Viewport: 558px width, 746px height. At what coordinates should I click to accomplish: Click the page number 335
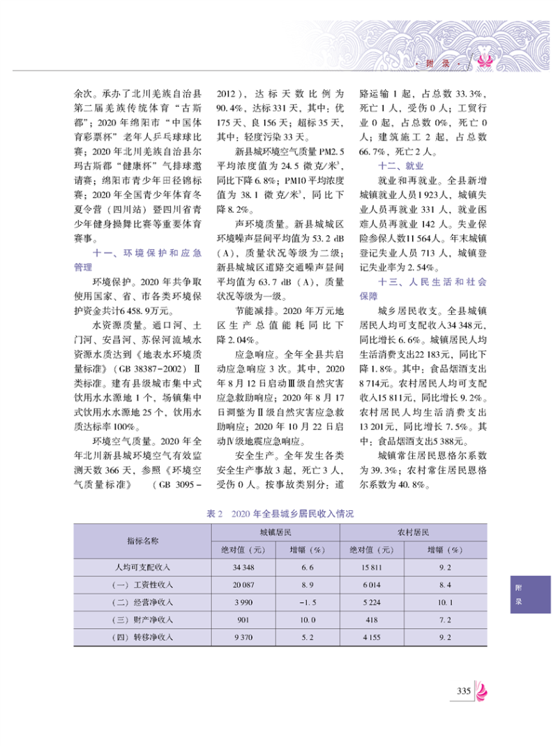(465, 690)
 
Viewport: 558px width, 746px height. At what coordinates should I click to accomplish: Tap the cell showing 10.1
(446, 602)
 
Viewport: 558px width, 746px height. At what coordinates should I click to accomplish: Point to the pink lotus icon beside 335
(482, 690)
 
